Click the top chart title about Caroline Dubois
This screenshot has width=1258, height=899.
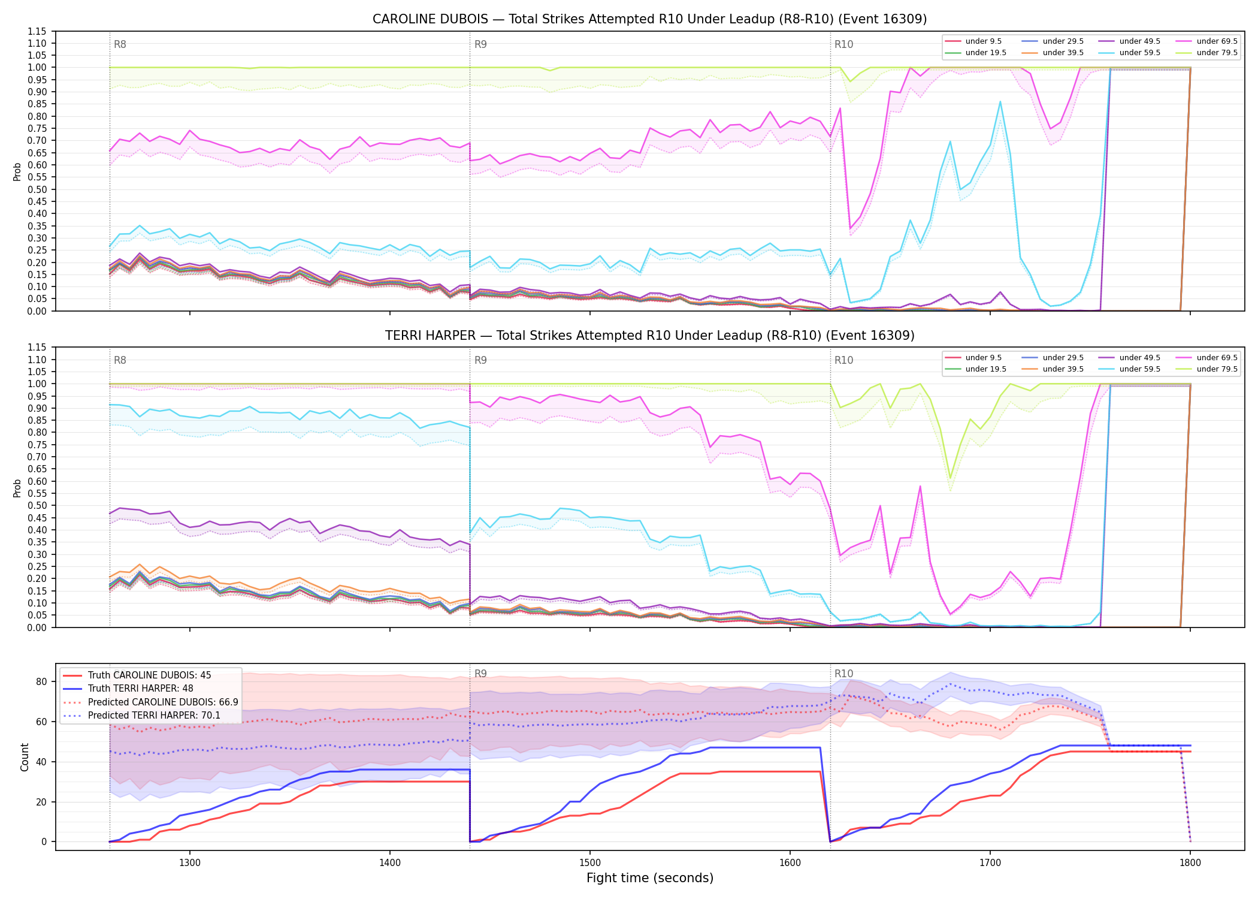[x=649, y=19]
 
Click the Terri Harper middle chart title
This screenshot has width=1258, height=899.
[x=649, y=336]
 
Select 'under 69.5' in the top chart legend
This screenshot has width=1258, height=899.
[x=1217, y=41]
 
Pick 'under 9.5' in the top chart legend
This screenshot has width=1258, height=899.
[x=983, y=41]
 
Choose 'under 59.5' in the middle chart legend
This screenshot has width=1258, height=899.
[x=1139, y=369]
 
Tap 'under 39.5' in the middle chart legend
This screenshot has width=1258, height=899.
[x=1063, y=369]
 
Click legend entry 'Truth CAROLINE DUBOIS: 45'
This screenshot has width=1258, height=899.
[x=149, y=675]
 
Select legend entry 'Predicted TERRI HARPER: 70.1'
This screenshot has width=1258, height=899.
[x=154, y=716]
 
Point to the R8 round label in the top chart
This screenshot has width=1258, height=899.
[x=120, y=44]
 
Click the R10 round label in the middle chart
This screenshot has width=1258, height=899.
[x=843, y=360]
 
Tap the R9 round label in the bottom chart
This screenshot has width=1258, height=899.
[x=480, y=674]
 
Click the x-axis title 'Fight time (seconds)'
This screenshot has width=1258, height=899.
[x=650, y=878]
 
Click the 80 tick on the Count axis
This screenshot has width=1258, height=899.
[x=41, y=681]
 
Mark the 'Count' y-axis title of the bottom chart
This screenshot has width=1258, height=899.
[x=25, y=757]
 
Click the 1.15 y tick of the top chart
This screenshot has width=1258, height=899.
[x=37, y=31]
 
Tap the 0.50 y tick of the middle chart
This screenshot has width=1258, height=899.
[x=37, y=506]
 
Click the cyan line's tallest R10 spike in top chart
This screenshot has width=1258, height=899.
[x=1000, y=102]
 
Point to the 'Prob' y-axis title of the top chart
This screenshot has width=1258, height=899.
[x=17, y=171]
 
